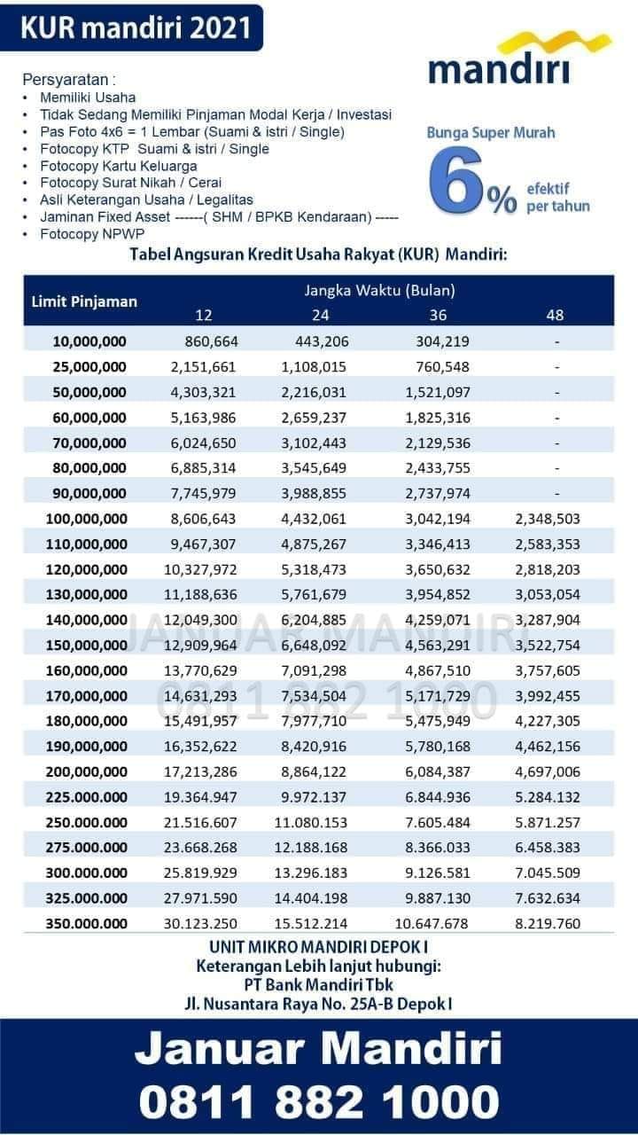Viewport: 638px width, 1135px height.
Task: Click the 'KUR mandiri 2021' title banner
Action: (x=131, y=27)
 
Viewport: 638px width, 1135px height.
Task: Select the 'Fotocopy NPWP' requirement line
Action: (x=92, y=234)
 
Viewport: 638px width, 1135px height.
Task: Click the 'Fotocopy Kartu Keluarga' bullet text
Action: (x=119, y=166)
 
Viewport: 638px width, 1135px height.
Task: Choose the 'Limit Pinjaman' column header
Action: (x=84, y=301)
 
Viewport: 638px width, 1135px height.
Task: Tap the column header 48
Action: (x=555, y=315)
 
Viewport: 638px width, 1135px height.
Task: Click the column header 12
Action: (x=204, y=315)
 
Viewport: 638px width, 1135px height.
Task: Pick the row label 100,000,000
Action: (x=87, y=519)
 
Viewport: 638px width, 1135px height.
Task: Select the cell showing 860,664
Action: (x=211, y=341)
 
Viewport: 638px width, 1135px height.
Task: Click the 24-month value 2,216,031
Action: (x=314, y=392)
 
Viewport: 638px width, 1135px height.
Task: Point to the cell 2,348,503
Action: (x=548, y=519)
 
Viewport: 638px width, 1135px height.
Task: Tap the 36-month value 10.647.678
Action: (x=432, y=924)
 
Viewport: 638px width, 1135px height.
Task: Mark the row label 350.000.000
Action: (x=87, y=924)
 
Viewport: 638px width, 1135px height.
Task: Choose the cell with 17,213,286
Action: (x=200, y=771)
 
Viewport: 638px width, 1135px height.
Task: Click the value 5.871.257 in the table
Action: (x=548, y=822)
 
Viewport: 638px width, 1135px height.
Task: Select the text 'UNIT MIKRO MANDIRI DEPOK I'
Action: (x=319, y=947)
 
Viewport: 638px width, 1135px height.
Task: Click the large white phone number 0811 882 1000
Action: (x=319, y=1102)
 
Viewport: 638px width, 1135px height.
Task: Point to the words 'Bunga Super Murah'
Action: (x=491, y=133)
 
